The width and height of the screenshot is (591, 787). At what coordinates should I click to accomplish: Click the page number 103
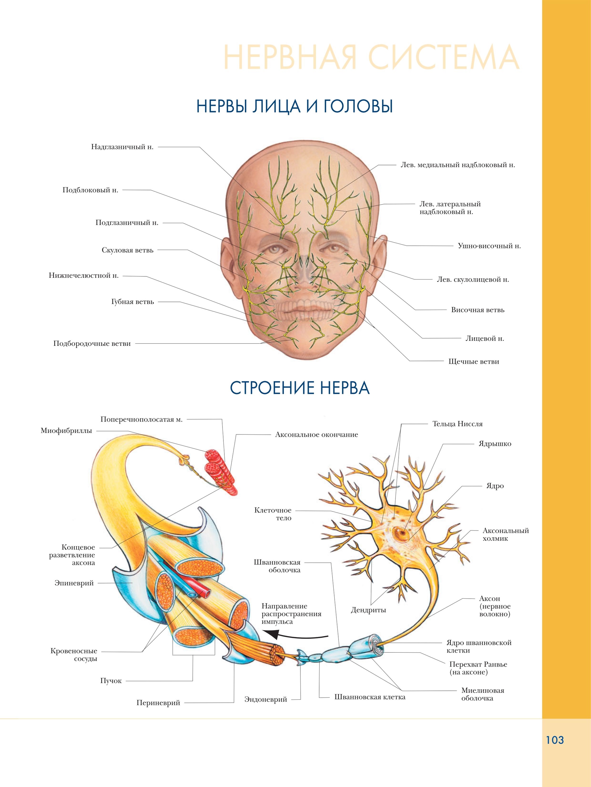point(555,740)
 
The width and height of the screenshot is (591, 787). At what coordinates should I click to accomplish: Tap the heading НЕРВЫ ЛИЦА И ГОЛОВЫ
point(295,106)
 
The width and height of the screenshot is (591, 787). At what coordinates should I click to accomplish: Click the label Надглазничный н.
point(122,147)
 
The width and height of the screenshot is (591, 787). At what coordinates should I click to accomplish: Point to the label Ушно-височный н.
point(489,246)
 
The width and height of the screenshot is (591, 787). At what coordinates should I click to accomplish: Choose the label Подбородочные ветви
point(92,344)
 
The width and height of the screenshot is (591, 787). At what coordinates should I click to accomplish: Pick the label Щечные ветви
point(473,362)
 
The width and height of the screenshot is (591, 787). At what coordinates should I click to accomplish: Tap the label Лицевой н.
point(484,338)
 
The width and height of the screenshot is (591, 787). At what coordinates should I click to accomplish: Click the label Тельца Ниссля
point(457,424)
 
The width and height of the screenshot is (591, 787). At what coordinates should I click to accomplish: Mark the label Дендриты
point(368,610)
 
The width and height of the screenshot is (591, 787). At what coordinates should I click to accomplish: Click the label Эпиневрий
point(74,583)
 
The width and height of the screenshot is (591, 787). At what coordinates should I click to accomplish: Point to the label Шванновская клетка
point(370,697)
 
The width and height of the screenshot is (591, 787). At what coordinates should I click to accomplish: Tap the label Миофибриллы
point(66,430)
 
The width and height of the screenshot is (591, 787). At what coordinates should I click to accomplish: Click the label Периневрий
point(158,703)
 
